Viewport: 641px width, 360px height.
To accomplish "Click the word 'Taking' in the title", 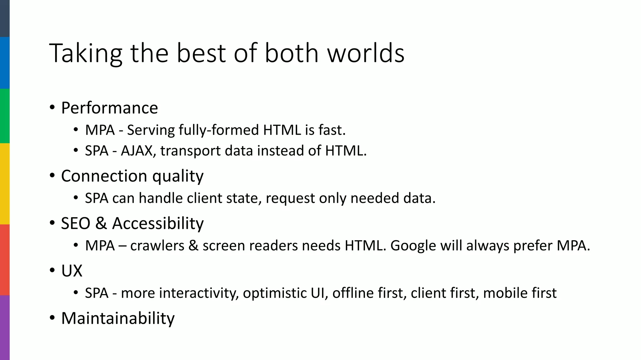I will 85,54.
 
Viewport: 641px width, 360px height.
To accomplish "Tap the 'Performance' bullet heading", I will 110,108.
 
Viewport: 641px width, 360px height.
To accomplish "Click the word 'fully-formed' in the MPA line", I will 218,130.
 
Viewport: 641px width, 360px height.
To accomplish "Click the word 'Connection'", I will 104,176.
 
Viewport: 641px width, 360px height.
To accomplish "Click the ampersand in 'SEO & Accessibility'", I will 101,223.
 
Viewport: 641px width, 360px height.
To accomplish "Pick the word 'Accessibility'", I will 158,224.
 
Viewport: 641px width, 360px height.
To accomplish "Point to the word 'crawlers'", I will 157,246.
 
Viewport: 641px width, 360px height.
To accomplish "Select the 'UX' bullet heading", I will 72,271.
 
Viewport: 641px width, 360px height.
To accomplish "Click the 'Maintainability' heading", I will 118,318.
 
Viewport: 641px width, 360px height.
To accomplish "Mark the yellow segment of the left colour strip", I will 5,184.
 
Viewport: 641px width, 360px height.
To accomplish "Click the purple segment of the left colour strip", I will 5,327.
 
